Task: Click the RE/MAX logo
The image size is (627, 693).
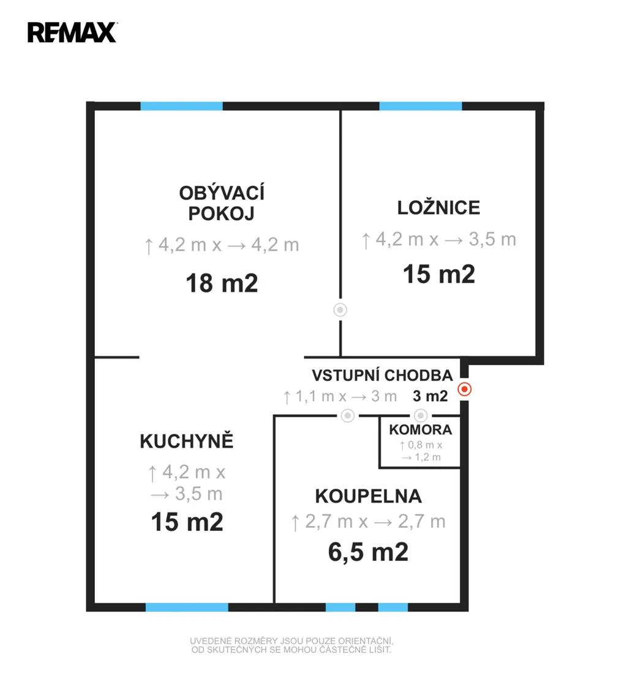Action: [72, 32]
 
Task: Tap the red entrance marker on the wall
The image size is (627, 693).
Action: [464, 390]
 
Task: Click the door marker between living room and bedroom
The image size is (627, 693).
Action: [340, 310]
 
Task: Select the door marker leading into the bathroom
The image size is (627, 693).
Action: [348, 415]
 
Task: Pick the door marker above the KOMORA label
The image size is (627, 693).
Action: [421, 415]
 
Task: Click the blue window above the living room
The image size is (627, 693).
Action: [181, 106]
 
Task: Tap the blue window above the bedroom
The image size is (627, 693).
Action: [421, 106]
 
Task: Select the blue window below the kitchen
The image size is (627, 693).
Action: [187, 607]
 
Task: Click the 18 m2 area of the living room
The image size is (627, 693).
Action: [222, 283]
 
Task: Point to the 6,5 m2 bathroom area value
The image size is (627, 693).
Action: [368, 552]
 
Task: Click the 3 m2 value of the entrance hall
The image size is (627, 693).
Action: [430, 396]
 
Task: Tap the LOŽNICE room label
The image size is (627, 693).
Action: [438, 207]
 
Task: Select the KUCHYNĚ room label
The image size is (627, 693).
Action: [186, 440]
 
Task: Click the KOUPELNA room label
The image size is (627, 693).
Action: [368, 496]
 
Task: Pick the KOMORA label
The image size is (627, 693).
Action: [421, 429]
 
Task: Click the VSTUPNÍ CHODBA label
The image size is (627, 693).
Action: [382, 375]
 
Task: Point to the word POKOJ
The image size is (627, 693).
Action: [221, 214]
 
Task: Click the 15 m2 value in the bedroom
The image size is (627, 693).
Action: [439, 274]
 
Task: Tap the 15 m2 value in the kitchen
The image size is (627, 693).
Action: [187, 522]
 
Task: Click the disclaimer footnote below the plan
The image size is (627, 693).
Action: [291, 645]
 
